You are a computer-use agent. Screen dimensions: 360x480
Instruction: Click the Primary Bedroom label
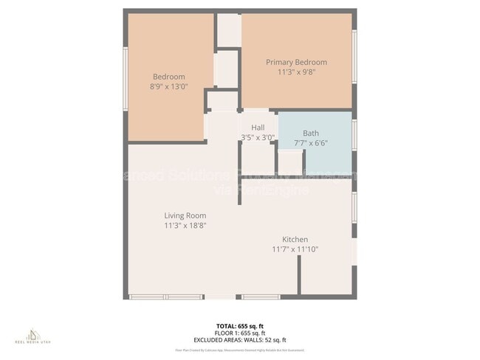[296, 63]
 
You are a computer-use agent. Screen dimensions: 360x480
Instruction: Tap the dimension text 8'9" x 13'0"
[169, 86]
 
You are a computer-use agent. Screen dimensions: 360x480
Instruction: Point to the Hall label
[258, 127]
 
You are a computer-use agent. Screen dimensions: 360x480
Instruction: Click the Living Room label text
[185, 215]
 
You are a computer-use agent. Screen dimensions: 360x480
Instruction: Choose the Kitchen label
[295, 239]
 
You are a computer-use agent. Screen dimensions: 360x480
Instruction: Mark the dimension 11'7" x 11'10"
[295, 249]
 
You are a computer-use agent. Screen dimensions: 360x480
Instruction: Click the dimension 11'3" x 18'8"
[185, 226]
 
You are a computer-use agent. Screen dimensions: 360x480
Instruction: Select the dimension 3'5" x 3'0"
[258, 137]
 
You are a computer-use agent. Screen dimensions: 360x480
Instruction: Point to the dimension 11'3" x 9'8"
[296, 73]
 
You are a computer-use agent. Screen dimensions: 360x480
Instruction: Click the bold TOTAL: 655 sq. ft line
[239, 325]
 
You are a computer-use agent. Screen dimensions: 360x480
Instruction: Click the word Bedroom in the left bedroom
[169, 77]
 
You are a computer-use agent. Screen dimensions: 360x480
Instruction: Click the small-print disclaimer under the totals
[239, 350]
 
